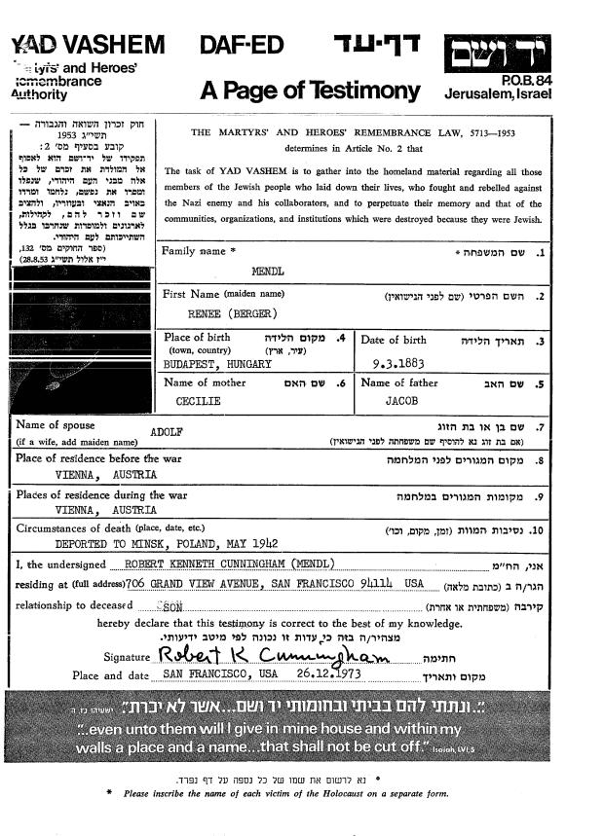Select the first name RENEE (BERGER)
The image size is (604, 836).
(233, 314)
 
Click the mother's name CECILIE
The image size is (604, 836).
(198, 400)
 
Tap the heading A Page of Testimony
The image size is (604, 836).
(309, 91)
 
